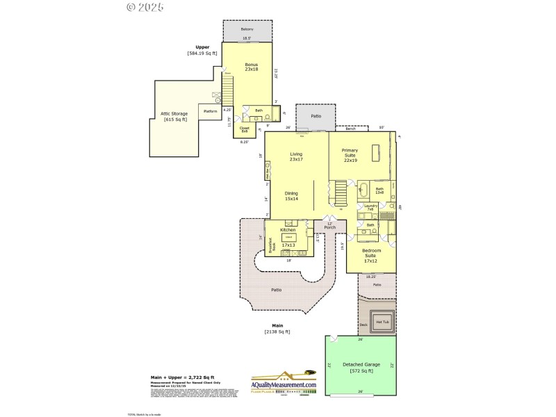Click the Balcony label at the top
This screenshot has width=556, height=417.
click(247, 29)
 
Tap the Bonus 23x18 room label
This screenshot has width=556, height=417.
click(251, 67)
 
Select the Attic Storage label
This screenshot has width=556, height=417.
click(174, 116)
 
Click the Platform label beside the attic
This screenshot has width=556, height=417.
click(210, 111)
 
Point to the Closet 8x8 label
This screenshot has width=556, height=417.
click(245, 129)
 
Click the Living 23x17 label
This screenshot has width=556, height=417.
click(296, 157)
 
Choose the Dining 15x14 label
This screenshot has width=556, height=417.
click(291, 197)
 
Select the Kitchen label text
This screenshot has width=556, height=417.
click(288, 230)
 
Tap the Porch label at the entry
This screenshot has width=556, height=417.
click(330, 226)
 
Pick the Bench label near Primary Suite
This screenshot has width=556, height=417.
click(350, 129)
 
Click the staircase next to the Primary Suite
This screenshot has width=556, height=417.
click(339, 193)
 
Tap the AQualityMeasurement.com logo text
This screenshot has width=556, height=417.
click(284, 384)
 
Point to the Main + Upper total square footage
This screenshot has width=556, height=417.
click(183, 377)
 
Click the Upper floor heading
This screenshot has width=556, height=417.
click(202, 47)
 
